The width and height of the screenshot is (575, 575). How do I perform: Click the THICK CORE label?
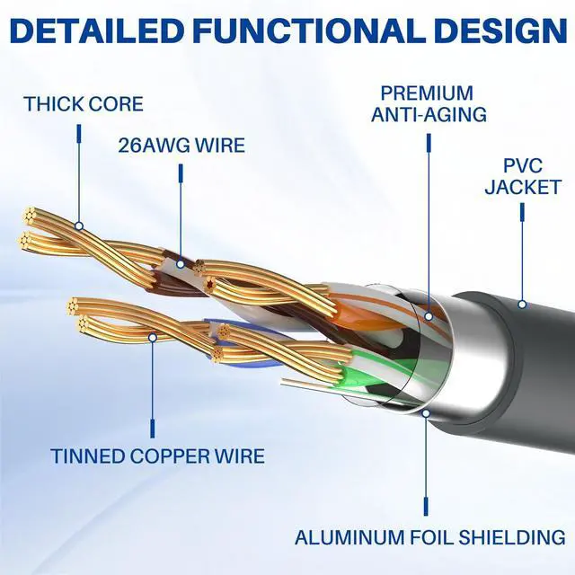[x=84, y=103]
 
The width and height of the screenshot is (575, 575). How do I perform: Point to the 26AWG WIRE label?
[x=181, y=144]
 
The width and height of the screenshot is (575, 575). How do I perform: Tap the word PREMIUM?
[x=427, y=93]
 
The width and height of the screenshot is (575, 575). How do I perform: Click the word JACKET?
[x=523, y=188]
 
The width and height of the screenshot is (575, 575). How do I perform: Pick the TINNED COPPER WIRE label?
[x=157, y=456]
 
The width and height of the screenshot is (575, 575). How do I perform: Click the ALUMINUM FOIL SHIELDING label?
[x=430, y=538]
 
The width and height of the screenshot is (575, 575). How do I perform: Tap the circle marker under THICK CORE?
[x=79, y=226]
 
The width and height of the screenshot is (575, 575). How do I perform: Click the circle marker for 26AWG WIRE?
[x=181, y=264]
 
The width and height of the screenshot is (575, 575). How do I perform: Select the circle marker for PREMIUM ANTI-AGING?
[x=428, y=315]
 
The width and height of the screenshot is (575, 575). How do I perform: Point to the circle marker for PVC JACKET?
[x=522, y=304]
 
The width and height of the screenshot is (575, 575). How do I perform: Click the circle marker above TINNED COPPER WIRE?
[x=153, y=337]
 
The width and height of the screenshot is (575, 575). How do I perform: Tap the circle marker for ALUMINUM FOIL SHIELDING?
[x=425, y=414]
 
